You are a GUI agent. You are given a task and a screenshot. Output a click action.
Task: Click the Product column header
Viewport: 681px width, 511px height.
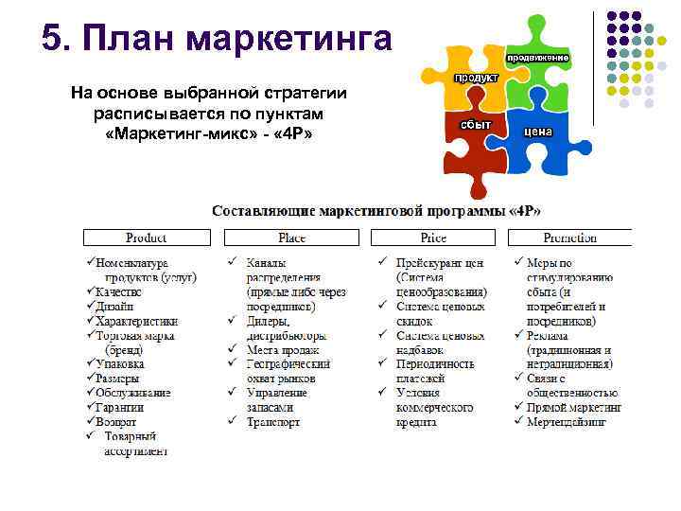[x=147, y=238]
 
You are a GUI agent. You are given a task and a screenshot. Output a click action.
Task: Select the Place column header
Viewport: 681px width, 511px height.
[x=291, y=238]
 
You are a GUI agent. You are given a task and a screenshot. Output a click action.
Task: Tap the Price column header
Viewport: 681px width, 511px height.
[x=433, y=238]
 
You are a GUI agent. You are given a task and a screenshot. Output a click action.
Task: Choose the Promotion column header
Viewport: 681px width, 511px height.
[x=570, y=238]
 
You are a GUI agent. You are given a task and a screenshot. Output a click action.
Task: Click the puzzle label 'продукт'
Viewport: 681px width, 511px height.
[x=477, y=78]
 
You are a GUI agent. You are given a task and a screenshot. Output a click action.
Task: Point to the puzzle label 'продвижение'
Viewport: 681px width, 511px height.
[x=537, y=58]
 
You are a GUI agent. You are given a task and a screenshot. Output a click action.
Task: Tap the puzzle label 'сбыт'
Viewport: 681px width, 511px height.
[x=476, y=124]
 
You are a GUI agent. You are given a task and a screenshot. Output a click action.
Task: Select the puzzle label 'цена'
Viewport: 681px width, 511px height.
[x=537, y=132]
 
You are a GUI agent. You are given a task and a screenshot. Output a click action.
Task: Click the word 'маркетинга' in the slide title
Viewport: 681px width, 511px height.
[x=288, y=39]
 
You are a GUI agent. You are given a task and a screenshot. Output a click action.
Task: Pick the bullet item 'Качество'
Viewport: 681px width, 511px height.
[x=120, y=291]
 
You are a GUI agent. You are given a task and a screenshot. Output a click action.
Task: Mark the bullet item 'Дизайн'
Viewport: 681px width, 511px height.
[x=114, y=306]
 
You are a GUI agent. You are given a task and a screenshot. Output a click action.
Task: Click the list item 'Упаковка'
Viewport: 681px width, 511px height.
[x=120, y=363]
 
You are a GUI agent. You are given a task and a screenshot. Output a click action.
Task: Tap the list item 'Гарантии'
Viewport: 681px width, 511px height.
[x=120, y=407]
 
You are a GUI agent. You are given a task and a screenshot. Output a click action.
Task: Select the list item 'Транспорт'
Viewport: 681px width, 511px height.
[x=273, y=421]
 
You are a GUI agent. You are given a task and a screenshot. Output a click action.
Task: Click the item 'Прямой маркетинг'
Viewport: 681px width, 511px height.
[x=574, y=407]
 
